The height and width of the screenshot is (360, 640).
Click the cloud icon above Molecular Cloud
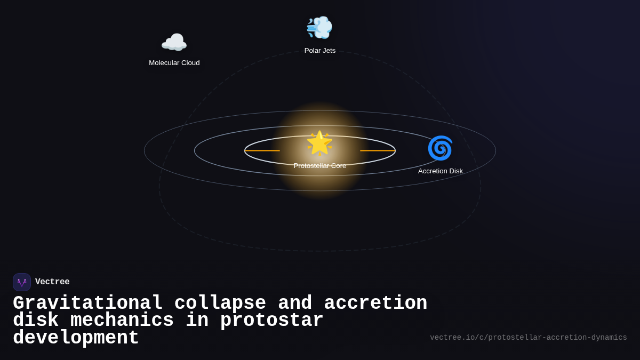pyautogui.click(x=174, y=43)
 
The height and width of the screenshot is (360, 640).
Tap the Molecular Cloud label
pyautogui.click(x=174, y=63)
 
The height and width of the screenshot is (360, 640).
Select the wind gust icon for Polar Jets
pyautogui.click(x=319, y=28)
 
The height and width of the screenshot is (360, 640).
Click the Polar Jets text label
pyautogui.click(x=320, y=51)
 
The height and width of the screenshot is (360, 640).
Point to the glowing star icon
pyautogui.click(x=319, y=142)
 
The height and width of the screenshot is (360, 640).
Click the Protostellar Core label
pyautogui.click(x=320, y=166)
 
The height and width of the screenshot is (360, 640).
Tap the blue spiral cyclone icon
pyautogui.click(x=440, y=148)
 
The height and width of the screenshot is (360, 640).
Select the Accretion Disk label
pyautogui.click(x=441, y=171)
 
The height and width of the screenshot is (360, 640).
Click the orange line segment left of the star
pyautogui.click(x=262, y=151)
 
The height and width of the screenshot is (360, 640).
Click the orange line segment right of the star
pyautogui.click(x=378, y=151)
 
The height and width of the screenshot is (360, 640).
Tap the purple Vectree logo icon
pyautogui.click(x=22, y=282)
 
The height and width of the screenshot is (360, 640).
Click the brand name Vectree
pyautogui.click(x=52, y=282)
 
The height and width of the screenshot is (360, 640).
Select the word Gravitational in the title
pyautogui.click(x=88, y=303)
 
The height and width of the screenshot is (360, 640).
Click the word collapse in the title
pyautogui.click(x=220, y=303)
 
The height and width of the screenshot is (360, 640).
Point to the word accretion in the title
pyautogui.click(x=375, y=303)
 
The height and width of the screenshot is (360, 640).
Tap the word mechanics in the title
pyautogui.click(x=122, y=321)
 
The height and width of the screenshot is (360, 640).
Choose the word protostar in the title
pyautogui.click(x=272, y=321)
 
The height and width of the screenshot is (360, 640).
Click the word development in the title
pyautogui.click(x=76, y=338)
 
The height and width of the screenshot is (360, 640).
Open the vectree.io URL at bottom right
pyautogui.click(x=529, y=338)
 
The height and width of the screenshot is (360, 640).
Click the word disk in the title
pyautogui.click(x=36, y=321)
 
